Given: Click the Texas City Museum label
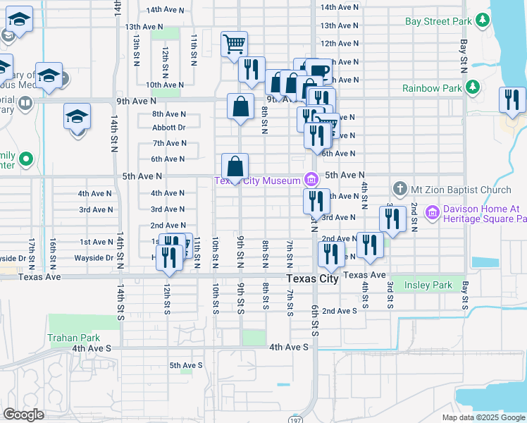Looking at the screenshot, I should pyautogui.click(x=258, y=181).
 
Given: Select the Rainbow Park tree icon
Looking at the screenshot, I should pyautogui.click(x=473, y=88).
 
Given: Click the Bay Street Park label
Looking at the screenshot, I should pyautogui.click(x=438, y=21).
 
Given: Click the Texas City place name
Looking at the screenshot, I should pyautogui.click(x=313, y=278).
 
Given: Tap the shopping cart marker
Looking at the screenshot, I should pyautogui.click(x=234, y=44).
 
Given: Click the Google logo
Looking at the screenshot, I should pyautogui.click(x=23, y=415).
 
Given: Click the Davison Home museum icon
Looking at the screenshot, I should pyautogui.click(x=433, y=211).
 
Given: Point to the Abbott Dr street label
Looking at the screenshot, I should pyautogui.click(x=168, y=128).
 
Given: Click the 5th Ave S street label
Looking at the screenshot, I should pyautogui.click(x=185, y=365).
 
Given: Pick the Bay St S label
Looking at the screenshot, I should pyautogui.click(x=464, y=295).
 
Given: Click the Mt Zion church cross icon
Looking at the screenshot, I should pyautogui.click(x=400, y=189).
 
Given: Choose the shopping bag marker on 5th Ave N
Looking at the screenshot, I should pyautogui.click(x=235, y=167).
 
